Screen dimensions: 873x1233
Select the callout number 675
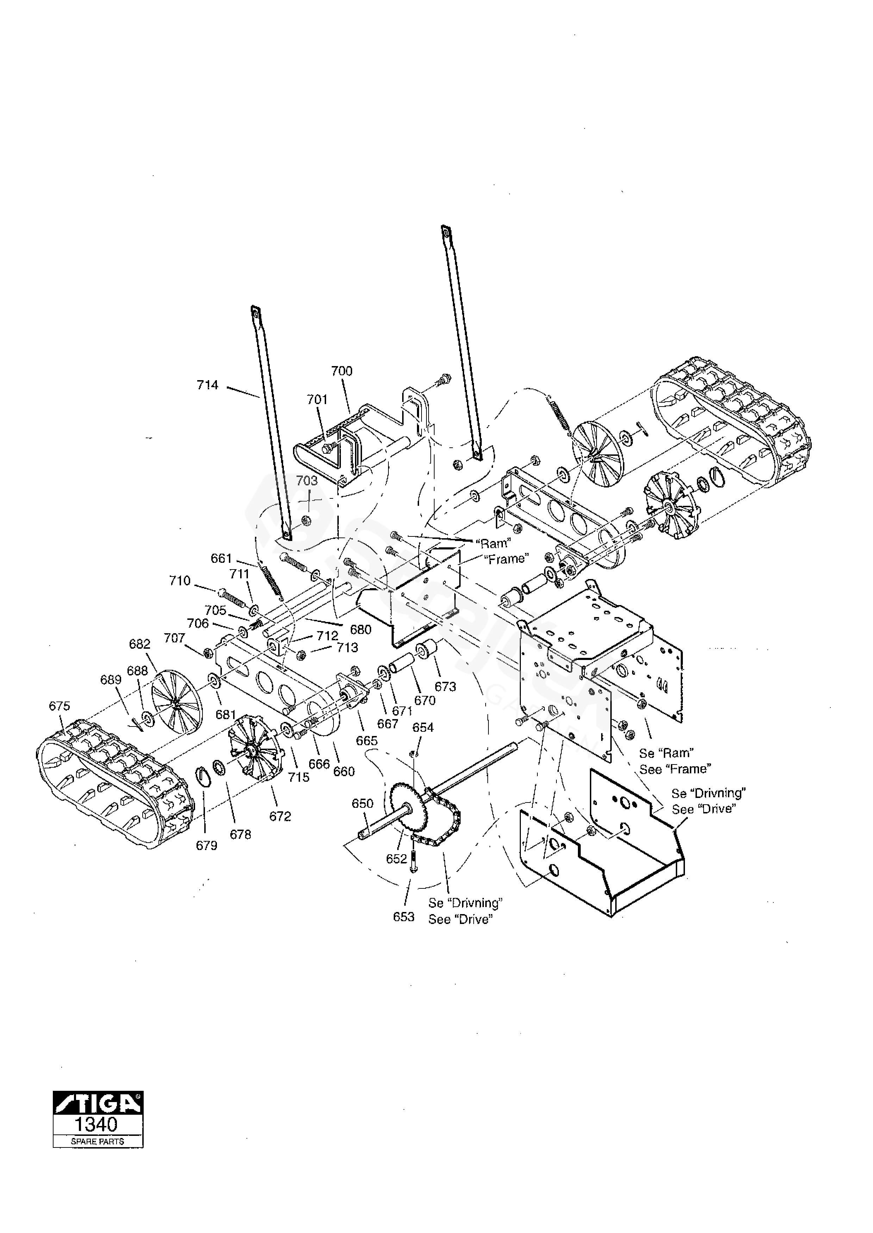59,706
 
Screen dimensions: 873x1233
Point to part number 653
403,917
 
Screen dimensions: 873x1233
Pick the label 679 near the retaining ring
206,846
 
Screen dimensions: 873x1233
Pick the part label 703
307,480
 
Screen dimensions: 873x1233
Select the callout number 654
423,728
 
